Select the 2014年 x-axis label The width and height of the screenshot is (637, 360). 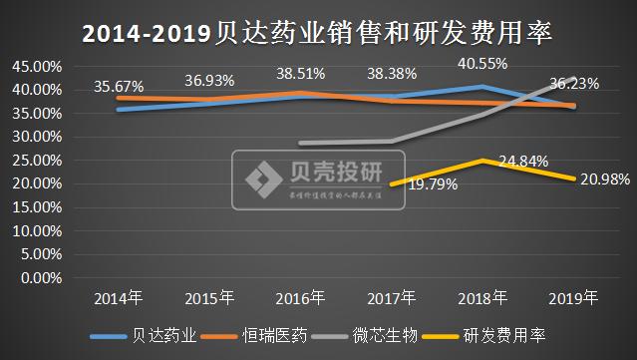click(x=119, y=297)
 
